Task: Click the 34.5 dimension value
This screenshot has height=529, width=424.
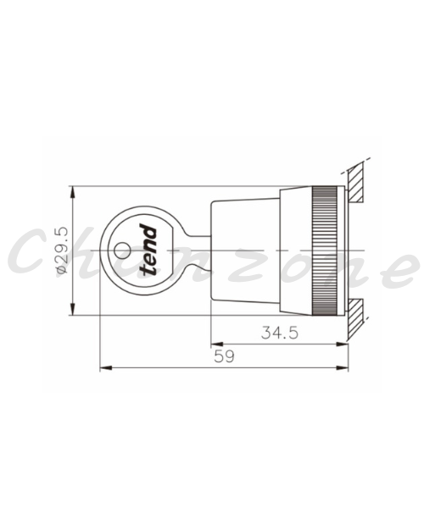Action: point(280,333)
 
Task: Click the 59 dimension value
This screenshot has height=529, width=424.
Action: point(224,356)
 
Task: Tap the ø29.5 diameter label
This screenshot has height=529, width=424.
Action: point(62,250)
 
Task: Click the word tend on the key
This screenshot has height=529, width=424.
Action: point(148,250)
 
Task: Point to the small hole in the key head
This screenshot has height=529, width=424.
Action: point(122,251)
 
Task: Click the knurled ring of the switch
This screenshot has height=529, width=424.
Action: point(325,251)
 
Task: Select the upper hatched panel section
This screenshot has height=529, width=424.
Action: point(355,182)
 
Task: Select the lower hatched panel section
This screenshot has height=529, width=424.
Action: point(355,318)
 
